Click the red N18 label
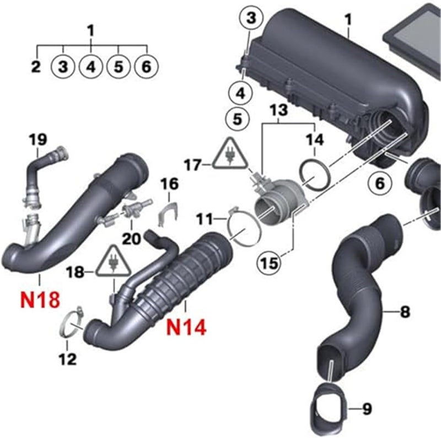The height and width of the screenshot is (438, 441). click(40, 300)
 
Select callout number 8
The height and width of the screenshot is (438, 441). click(405, 312)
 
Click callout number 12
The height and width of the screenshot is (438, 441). click(67, 360)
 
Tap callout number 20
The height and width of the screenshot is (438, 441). click(132, 238)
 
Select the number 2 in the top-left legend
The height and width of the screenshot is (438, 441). click(35, 67)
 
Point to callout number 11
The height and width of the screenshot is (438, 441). click(205, 220)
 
